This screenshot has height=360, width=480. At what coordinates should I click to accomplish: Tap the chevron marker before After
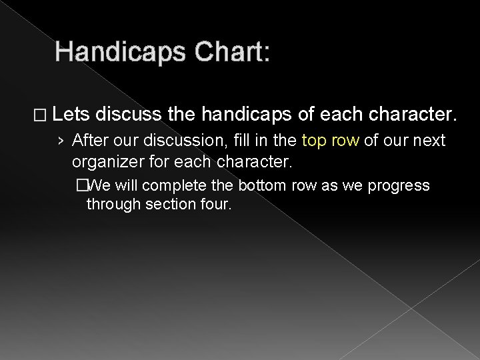[x=61, y=141]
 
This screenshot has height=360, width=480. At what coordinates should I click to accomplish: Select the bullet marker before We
[x=81, y=185]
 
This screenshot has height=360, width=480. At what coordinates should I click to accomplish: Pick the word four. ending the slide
[x=215, y=205]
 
